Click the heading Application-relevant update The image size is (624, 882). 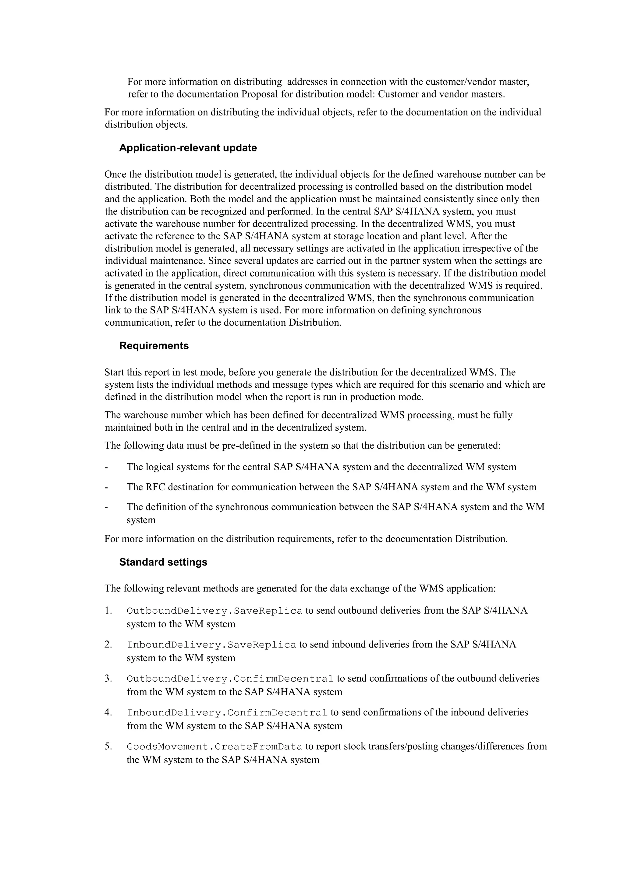tap(188, 148)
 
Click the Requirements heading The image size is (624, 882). tap(154, 346)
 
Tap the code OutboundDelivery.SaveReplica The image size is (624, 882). tap(214, 611)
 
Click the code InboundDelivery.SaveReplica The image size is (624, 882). tap(211, 645)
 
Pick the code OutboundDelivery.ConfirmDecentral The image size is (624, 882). tap(230, 679)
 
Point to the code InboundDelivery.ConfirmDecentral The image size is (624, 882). tap(227, 713)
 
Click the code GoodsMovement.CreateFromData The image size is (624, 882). tap(214, 747)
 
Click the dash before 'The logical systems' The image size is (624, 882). tap(106, 467)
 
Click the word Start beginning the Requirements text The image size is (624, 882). tap(115, 372)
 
